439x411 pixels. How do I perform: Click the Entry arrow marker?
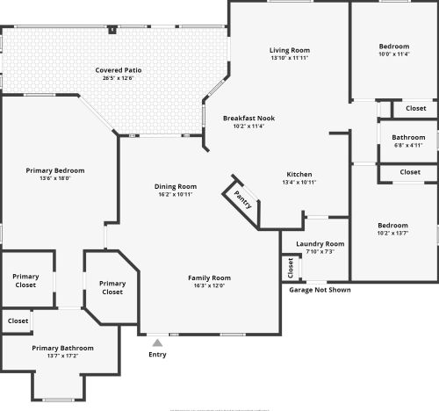pyautogui.click(x=156, y=342)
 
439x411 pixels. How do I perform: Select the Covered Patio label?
pyautogui.click(x=119, y=70)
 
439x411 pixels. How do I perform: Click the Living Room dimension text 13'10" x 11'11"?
pyautogui.click(x=290, y=58)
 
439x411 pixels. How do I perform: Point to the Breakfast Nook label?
pyautogui.click(x=248, y=118)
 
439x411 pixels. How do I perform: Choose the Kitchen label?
pyautogui.click(x=299, y=174)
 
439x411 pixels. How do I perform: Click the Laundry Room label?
pyautogui.click(x=320, y=243)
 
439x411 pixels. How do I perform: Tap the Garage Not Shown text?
pyautogui.click(x=320, y=290)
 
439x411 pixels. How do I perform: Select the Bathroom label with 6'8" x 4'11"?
pyautogui.click(x=408, y=137)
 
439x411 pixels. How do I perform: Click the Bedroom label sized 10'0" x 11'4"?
pyautogui.click(x=393, y=46)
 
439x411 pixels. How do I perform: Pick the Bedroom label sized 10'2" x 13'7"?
pyautogui.click(x=392, y=225)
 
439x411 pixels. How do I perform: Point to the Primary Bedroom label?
pyautogui.click(x=55, y=170)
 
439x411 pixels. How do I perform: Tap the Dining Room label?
pyautogui.click(x=176, y=186)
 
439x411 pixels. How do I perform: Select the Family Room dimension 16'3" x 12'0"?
pyautogui.click(x=209, y=285)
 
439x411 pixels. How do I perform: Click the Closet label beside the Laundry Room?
pyautogui.click(x=290, y=268)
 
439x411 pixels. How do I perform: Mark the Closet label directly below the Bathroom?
pyautogui.click(x=410, y=172)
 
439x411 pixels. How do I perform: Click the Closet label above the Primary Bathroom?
pyautogui.click(x=18, y=321)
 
